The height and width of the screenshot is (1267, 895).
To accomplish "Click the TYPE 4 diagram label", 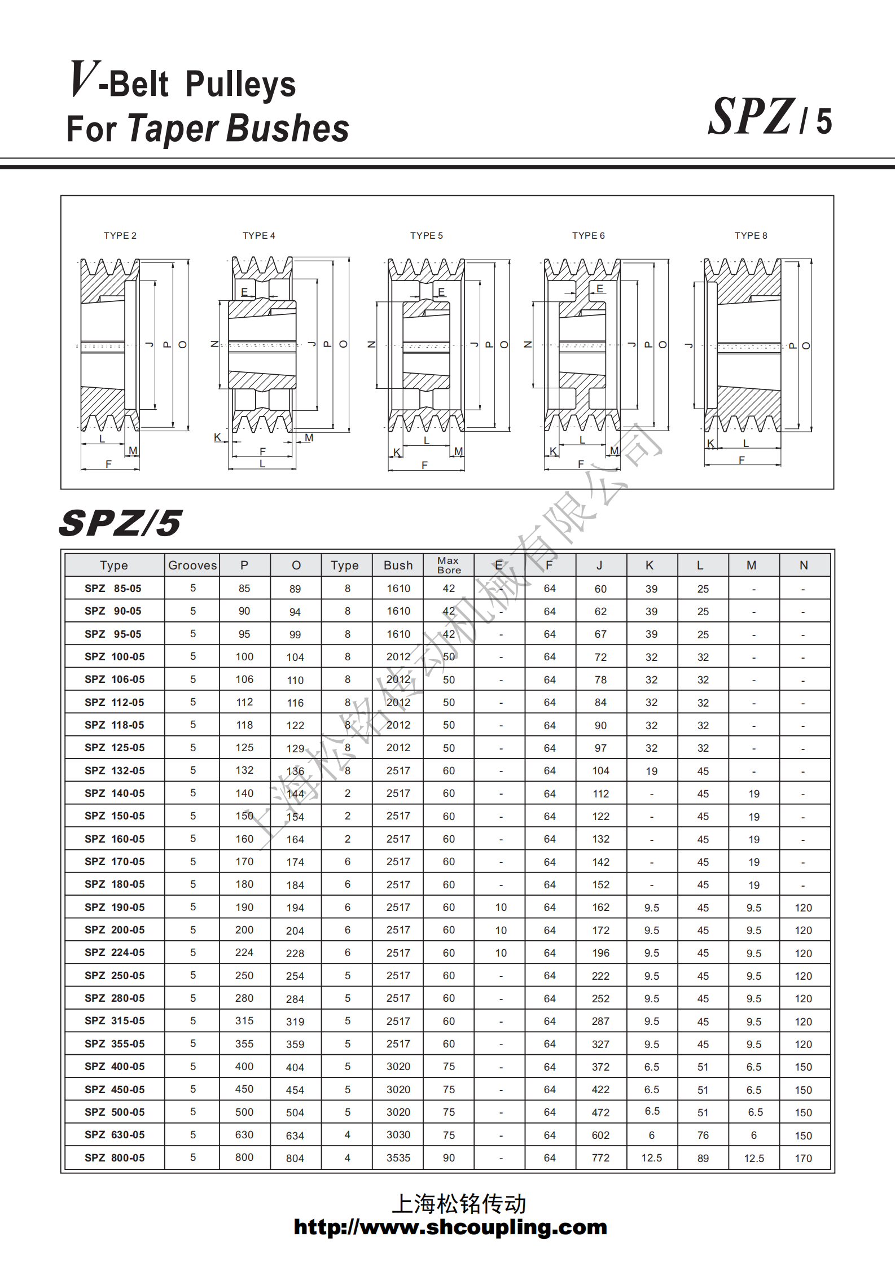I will (x=259, y=235).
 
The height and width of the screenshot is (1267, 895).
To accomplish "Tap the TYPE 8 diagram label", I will (x=751, y=235).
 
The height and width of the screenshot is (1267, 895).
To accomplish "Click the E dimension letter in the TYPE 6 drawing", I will (x=599, y=289).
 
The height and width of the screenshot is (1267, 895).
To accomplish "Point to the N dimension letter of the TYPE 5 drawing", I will (x=371, y=344).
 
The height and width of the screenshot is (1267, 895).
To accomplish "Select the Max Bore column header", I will (x=449, y=565).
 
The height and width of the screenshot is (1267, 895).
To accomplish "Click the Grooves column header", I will (x=192, y=565).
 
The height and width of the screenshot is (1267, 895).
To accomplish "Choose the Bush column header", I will (x=398, y=565).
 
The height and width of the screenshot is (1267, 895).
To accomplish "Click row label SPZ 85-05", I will (x=113, y=588).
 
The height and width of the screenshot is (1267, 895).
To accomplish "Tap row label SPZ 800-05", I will (x=115, y=1158).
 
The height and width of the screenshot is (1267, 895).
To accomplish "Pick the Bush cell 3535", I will (x=398, y=1158).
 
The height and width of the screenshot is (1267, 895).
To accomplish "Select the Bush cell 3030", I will (x=398, y=1134).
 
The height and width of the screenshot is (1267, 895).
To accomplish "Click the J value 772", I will (x=600, y=1158).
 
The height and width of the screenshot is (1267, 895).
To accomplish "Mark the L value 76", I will (x=703, y=1135).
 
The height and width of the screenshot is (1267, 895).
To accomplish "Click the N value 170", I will (x=803, y=1158).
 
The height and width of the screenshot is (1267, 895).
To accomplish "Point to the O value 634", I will (x=295, y=1136).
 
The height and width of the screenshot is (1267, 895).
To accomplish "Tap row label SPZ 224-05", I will (x=115, y=952).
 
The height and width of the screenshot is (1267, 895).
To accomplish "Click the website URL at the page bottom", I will (x=450, y=1227).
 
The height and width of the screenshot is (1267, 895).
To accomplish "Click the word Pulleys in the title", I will (x=240, y=84).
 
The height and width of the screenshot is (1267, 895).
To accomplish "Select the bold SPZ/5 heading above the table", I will (x=120, y=523).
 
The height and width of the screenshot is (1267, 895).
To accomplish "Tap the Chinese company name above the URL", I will (x=458, y=1203).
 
